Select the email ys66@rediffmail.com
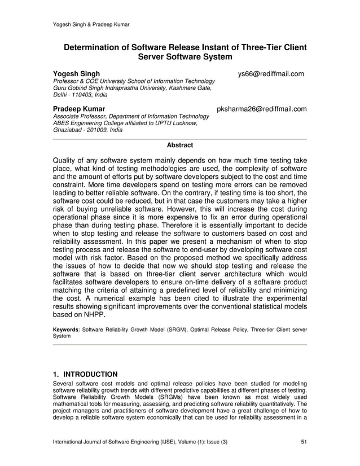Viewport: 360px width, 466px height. tap(271, 74)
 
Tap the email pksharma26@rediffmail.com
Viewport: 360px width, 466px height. tap(262, 109)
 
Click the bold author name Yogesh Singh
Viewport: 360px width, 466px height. tap(76, 74)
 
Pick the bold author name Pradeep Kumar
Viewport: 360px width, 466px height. tap(78, 109)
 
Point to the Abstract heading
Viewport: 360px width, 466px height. tap(179, 145)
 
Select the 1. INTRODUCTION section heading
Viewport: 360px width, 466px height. tap(85, 374)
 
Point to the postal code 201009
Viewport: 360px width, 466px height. tap(99, 130)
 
